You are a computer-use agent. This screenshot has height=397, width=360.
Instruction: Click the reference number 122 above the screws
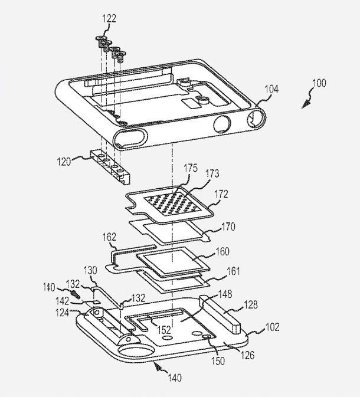(109, 18)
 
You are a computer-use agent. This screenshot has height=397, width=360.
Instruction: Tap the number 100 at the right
(319, 83)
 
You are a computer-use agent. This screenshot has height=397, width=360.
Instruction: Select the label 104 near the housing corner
(271, 89)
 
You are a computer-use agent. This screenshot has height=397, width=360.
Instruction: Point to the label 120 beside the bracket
(64, 161)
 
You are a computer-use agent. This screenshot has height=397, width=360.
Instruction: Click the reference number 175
(191, 168)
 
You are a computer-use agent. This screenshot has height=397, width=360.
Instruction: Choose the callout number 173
(212, 173)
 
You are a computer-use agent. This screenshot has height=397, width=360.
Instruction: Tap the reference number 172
(221, 194)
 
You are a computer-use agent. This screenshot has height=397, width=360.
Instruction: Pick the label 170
(228, 227)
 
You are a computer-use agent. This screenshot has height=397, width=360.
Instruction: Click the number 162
(109, 237)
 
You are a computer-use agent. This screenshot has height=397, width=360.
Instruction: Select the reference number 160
(222, 251)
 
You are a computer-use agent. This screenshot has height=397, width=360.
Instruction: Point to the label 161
(233, 271)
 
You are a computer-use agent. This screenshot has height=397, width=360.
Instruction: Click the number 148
(225, 294)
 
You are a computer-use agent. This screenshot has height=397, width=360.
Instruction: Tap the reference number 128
(251, 304)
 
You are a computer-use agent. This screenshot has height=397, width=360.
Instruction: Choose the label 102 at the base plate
(273, 327)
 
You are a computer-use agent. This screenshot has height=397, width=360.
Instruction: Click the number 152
(164, 330)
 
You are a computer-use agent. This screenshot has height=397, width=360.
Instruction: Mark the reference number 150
(218, 361)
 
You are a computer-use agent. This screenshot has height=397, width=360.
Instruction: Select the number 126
(247, 355)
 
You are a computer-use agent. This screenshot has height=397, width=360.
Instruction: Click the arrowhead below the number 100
(305, 104)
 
